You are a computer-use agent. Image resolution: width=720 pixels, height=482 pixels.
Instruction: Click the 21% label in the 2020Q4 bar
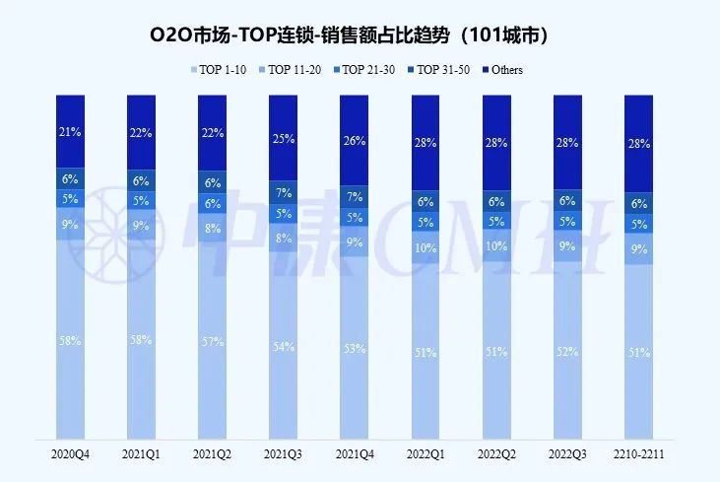(70, 133)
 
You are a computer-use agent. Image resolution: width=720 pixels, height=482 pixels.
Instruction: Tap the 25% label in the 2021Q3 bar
(283, 138)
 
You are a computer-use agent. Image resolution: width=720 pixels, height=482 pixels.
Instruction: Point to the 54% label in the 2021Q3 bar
(283, 347)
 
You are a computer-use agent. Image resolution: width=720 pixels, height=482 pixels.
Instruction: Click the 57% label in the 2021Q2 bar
(212, 341)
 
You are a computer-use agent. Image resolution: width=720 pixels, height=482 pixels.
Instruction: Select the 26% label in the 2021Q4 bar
(354, 140)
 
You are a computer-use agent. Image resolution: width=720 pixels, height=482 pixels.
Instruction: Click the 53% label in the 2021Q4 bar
(354, 348)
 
